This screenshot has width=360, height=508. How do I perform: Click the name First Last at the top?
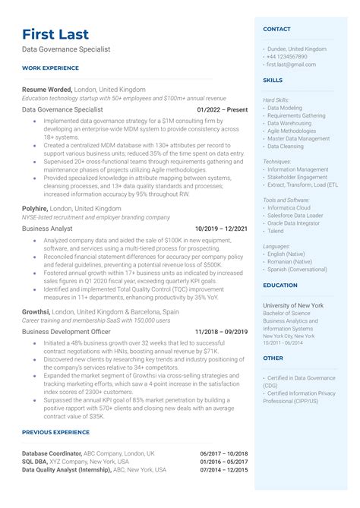point(55,34)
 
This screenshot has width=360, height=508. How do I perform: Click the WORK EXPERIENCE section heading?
point(51,68)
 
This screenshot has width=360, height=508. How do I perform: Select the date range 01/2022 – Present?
point(222,109)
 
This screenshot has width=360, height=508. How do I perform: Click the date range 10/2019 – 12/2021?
point(221,228)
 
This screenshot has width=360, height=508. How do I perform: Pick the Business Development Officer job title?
point(67,332)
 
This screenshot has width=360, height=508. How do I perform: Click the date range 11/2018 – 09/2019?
point(221,332)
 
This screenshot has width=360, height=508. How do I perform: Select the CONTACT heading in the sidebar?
point(276,29)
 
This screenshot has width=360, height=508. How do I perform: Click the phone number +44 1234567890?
point(287,57)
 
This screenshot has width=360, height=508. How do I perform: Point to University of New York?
point(293,305)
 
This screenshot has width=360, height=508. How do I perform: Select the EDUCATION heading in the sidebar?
point(280,286)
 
